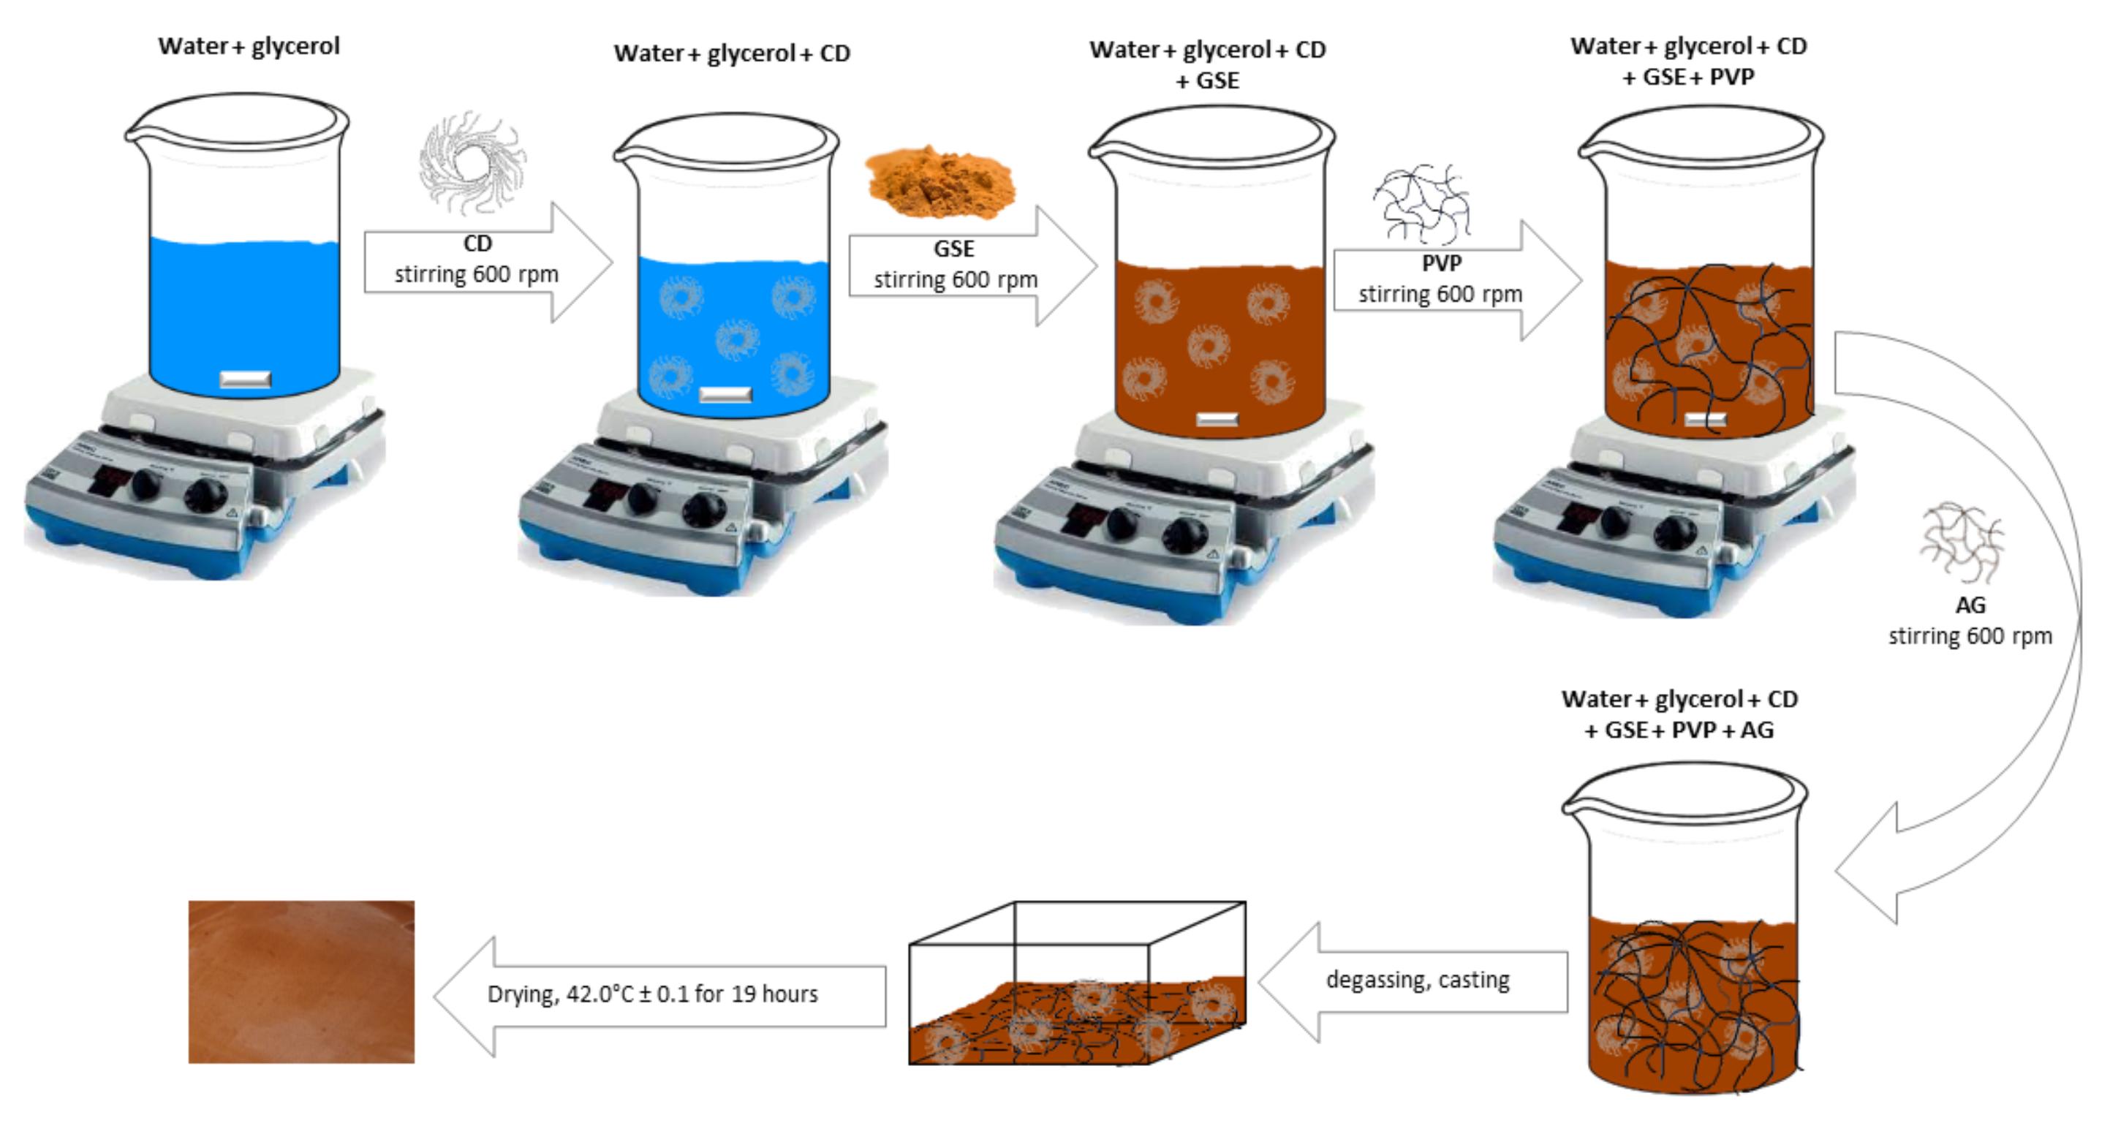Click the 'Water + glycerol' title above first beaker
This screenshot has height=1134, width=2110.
(249, 47)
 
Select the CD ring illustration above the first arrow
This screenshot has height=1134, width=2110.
(472, 162)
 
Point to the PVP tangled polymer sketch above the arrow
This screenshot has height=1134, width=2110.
(1421, 204)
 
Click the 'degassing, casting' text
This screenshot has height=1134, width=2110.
(1417, 980)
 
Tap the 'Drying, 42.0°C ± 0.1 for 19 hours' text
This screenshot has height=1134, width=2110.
(652, 994)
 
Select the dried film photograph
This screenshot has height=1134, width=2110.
(301, 982)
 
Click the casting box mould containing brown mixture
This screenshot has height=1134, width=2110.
(1077, 983)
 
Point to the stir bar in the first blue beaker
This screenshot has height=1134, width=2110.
(246, 379)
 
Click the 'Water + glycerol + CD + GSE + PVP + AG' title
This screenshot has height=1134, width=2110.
(1679, 714)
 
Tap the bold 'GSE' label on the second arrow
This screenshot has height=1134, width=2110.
(953, 249)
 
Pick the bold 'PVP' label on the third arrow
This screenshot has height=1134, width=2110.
(1441, 264)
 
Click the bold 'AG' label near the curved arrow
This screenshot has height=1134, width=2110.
(1970, 605)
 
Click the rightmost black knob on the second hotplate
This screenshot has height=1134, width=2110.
(704, 512)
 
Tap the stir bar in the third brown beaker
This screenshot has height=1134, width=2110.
(1217, 420)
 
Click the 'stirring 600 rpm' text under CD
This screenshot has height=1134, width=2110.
(476, 274)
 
